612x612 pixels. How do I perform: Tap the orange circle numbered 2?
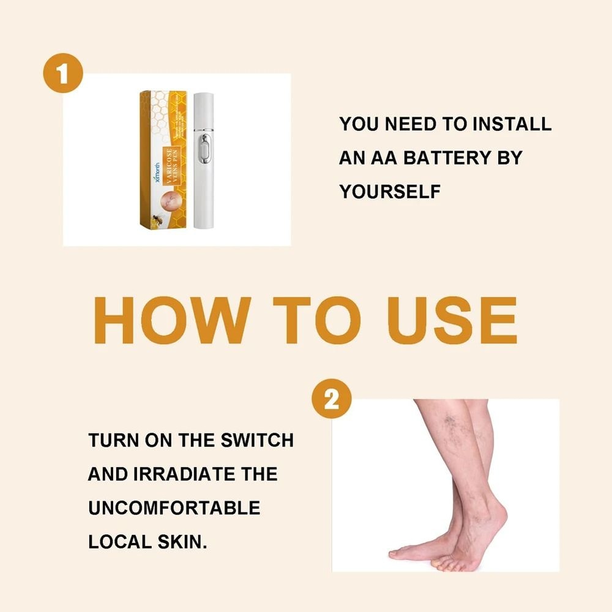pyautogui.click(x=331, y=401)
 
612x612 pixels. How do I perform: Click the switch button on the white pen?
pyautogui.click(x=203, y=150)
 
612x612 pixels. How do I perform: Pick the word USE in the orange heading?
pyautogui.click(x=456, y=321)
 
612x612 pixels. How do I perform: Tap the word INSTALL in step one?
pyautogui.click(x=512, y=124)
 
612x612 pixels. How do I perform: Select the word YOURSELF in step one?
pyautogui.click(x=390, y=192)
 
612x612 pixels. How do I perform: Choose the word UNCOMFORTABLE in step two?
pyautogui.click(x=174, y=508)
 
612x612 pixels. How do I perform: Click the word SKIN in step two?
pyautogui.click(x=178, y=542)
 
